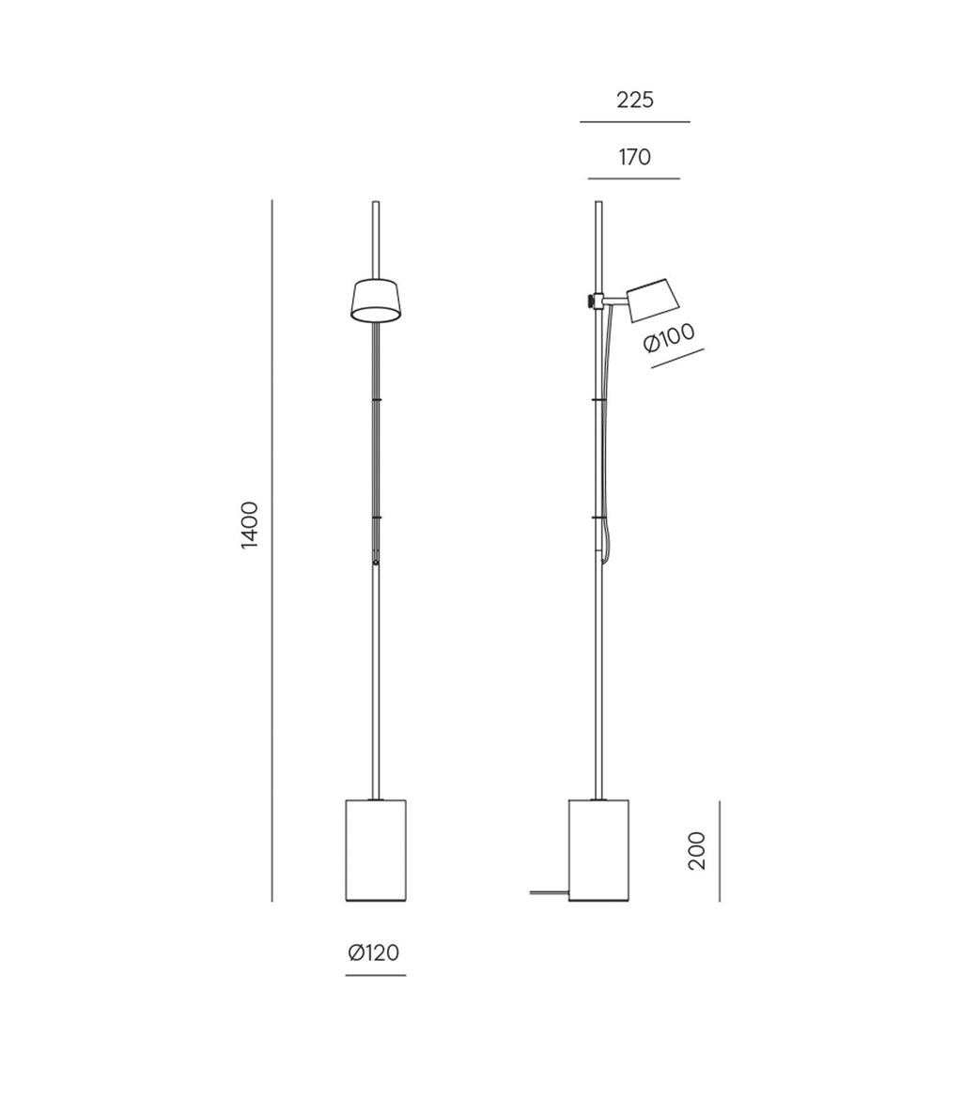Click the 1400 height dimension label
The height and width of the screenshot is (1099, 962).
[x=250, y=525]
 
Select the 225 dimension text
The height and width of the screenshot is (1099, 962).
[x=635, y=101]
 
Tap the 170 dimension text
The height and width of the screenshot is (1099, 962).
[x=635, y=158]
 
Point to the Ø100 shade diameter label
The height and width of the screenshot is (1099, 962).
[x=669, y=337]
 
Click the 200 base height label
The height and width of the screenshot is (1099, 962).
[x=697, y=850]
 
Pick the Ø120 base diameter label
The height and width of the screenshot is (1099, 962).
[x=374, y=953]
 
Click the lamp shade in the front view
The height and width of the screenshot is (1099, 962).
[x=376, y=300]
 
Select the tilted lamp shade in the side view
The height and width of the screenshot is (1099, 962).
[x=652, y=300]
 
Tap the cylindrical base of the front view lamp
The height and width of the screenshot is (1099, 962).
[x=376, y=850]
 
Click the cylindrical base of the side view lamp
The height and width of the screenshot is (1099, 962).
[x=598, y=850]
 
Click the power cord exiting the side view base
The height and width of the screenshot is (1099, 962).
[x=549, y=892]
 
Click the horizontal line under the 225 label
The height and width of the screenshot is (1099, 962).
[x=635, y=122]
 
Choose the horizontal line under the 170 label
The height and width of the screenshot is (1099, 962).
[x=634, y=178]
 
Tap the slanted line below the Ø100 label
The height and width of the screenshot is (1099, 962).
[x=677, y=358]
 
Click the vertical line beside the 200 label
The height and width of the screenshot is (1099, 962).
[x=720, y=850]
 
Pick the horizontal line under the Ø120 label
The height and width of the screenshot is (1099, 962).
[x=376, y=975]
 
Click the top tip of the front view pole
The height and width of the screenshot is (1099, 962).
[x=376, y=204]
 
